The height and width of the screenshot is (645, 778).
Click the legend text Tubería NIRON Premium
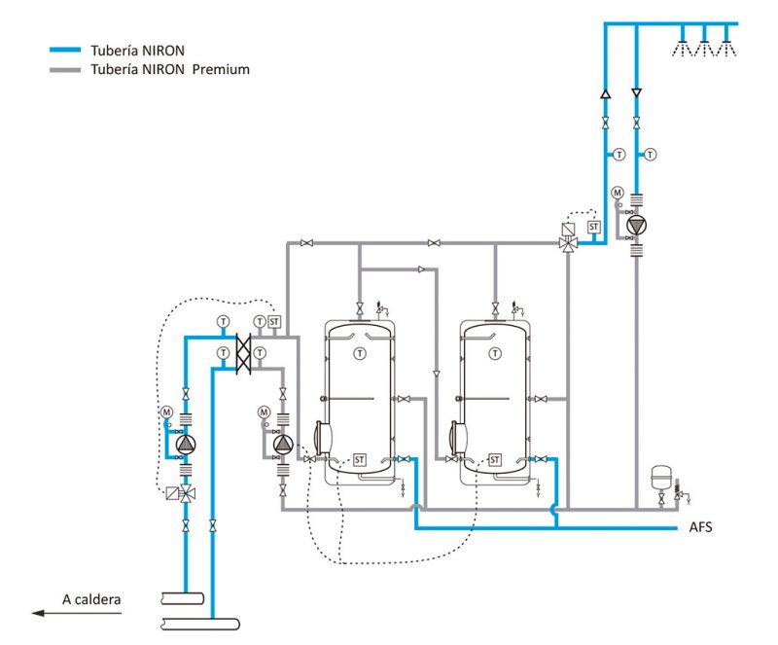(170, 70)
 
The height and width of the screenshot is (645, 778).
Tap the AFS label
(701, 528)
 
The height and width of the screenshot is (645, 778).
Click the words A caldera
(92, 599)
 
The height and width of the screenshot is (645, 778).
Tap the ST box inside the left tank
(360, 459)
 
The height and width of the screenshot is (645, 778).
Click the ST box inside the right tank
(495, 459)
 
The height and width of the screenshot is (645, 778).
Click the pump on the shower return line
(636, 226)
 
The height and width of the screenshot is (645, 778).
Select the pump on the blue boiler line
(186, 445)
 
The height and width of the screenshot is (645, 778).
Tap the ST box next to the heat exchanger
(274, 322)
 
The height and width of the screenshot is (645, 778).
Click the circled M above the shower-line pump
(617, 193)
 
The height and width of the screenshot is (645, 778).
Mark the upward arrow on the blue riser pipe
(605, 95)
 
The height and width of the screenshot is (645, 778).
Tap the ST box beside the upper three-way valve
(593, 227)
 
